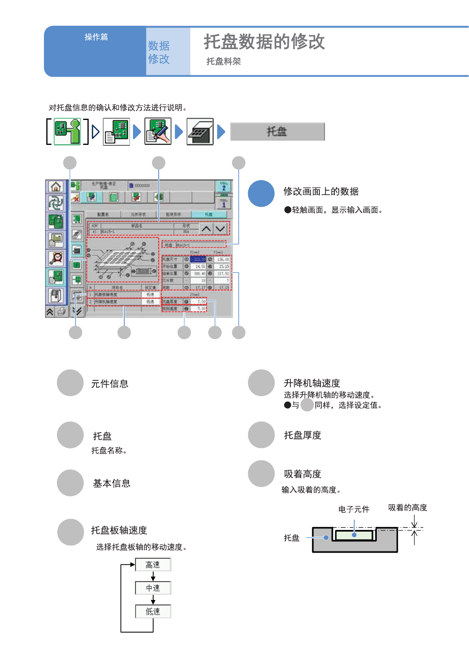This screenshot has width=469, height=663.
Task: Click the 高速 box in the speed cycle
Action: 153,565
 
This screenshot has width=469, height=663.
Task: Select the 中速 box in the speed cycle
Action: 153,588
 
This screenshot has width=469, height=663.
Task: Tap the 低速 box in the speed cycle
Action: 153,612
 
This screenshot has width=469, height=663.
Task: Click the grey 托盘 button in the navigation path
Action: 277,131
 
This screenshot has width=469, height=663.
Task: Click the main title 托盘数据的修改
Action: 264,42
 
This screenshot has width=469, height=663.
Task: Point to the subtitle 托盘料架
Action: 224,61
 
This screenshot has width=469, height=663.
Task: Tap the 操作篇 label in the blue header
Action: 96,37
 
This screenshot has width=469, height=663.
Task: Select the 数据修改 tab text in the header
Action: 159,52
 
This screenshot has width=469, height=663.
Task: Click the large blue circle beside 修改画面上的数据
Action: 261,194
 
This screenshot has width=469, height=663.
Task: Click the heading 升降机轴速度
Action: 312,383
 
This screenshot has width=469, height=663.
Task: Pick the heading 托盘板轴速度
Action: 119,530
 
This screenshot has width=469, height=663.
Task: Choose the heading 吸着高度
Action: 302,474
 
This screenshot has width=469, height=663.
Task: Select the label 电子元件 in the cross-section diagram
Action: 354,509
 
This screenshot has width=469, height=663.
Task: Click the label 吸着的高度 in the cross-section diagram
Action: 408,508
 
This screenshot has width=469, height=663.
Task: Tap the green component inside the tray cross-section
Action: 354,535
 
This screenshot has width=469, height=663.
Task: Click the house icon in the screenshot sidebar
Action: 56,186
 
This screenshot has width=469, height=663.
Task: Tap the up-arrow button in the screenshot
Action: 206,229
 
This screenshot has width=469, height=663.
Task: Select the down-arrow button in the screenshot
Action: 220,229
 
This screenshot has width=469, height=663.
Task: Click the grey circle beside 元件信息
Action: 70,383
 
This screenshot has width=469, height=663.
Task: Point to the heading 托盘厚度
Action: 302,435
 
